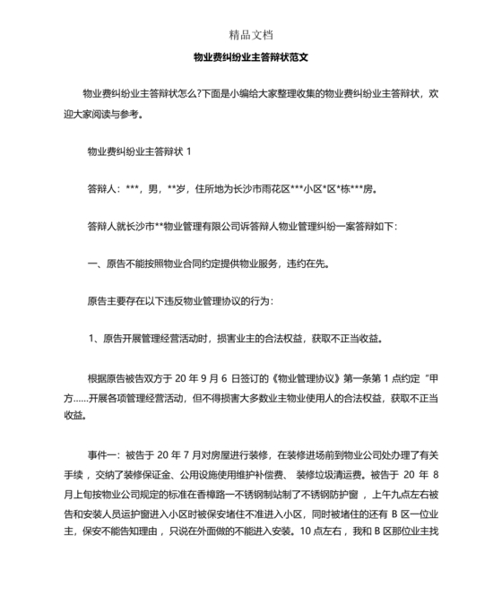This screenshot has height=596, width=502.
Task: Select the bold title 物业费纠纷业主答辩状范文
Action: click(251, 56)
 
